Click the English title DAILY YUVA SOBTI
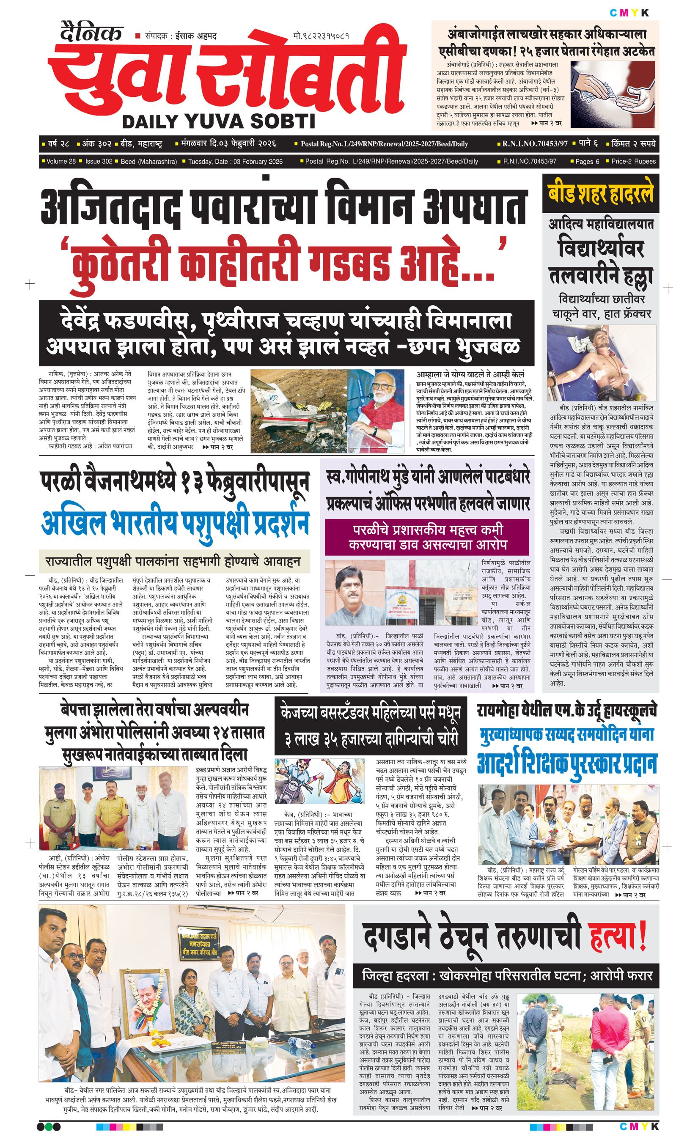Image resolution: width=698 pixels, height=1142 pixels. coord(218,121)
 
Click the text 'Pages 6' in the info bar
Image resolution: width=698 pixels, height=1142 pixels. coord(587,161)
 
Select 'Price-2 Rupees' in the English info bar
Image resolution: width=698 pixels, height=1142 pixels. coord(633,161)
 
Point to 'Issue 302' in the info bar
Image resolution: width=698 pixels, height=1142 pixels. coord(99,161)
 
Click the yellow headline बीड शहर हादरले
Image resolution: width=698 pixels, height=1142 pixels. coord(601,194)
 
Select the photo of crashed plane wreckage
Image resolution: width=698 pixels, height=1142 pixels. coord(299,410)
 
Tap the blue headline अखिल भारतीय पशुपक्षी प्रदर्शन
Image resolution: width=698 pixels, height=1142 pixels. coord(175,523)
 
